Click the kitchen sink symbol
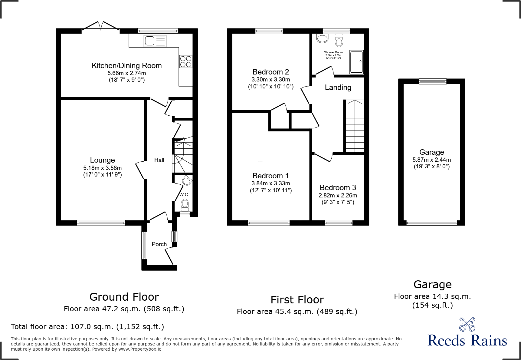[x=155, y=41]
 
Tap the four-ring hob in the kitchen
[x=186, y=61]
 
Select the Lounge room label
[x=102, y=160]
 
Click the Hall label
[x=159, y=160]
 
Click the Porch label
[x=159, y=244]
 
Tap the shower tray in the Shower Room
[x=356, y=62]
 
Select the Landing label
[x=338, y=88]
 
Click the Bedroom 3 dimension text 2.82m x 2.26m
[x=338, y=196]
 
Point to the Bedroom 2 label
[x=270, y=72]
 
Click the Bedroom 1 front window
[x=269, y=223]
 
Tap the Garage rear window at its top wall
[x=432, y=81]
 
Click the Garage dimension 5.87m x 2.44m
[x=431, y=160]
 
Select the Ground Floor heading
[x=124, y=297]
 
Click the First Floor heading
[x=297, y=300]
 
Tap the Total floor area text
[x=87, y=327]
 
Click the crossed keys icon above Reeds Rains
[x=467, y=324]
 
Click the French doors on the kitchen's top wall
[x=100, y=27]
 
